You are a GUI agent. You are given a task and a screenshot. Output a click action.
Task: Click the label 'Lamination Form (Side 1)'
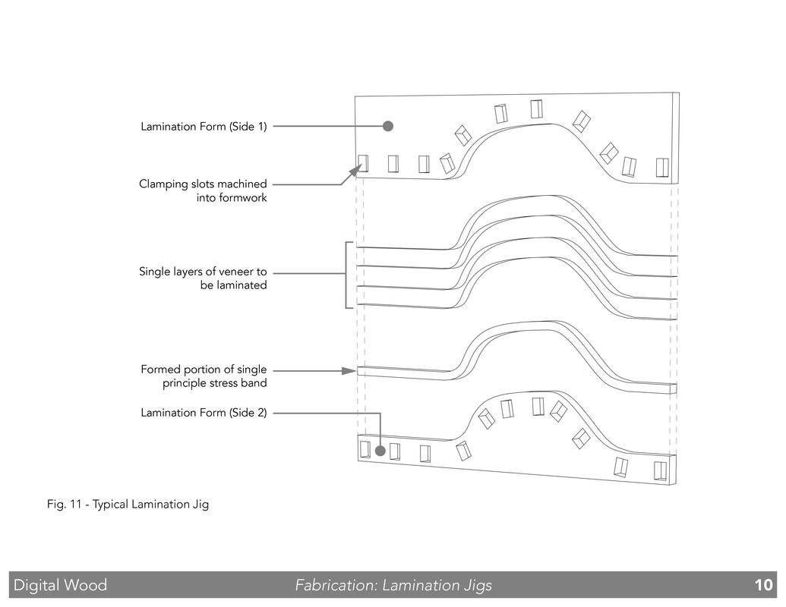(204, 126)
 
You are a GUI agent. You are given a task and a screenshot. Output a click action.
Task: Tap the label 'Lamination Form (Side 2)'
(204, 413)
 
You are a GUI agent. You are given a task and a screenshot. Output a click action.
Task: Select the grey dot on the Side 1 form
(387, 126)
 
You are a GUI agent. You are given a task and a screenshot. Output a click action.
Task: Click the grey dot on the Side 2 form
(380, 451)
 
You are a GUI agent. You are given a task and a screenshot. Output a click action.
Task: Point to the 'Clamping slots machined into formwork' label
(203, 190)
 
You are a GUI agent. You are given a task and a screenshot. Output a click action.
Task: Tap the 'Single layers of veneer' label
(203, 278)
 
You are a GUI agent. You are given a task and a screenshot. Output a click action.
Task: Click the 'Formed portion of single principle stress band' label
(204, 376)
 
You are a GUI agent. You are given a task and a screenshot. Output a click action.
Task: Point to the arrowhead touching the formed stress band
(349, 371)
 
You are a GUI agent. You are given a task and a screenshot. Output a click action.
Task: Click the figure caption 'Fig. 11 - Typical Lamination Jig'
(128, 505)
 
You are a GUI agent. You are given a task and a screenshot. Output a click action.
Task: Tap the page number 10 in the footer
(763, 585)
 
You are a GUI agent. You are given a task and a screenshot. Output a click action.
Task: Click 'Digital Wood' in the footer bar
(60, 585)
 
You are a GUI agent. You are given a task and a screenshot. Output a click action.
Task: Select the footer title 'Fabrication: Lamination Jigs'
(393, 586)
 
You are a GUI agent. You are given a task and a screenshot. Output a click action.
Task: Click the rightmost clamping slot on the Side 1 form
(662, 168)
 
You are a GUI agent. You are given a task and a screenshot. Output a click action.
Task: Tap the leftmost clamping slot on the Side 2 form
(365, 449)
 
